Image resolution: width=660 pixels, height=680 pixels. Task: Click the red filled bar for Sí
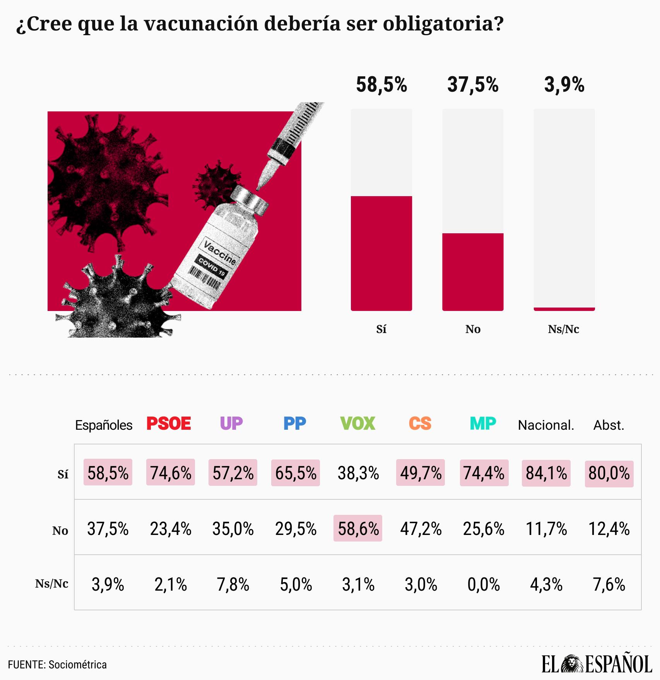click(x=381, y=253)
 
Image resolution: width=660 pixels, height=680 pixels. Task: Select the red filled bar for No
click(x=473, y=272)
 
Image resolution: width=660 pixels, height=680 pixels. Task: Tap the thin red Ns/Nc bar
click(x=564, y=309)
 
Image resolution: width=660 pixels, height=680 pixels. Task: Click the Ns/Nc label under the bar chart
click(x=563, y=329)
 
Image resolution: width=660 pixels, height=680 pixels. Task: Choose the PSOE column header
click(x=169, y=424)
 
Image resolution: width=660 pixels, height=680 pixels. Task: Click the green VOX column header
click(x=357, y=424)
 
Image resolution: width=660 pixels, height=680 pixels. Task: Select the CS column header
click(x=420, y=424)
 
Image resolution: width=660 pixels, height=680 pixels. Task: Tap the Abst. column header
click(x=609, y=425)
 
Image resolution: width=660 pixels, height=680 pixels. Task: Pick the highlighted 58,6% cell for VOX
click(x=358, y=528)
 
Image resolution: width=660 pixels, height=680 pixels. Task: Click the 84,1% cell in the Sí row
click(x=546, y=473)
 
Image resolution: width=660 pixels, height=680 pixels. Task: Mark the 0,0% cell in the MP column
click(x=484, y=584)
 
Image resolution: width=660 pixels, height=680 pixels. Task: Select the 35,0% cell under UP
click(x=233, y=529)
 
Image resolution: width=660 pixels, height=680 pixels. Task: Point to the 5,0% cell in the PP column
click(x=296, y=584)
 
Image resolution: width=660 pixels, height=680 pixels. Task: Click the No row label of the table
click(x=60, y=531)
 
